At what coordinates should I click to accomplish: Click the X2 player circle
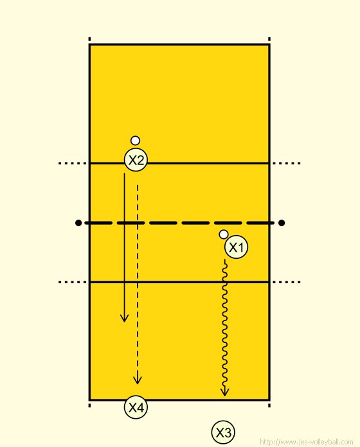point(136,160)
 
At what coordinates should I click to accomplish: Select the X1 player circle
point(236,247)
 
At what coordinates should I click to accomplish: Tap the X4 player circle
point(136,407)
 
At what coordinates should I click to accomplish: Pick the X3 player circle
point(223,432)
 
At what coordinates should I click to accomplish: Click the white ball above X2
point(135,141)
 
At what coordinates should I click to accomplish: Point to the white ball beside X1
point(224,234)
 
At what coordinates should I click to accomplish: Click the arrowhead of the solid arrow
point(124,318)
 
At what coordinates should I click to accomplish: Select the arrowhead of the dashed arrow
point(138,380)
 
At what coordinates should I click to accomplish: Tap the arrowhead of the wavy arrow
point(225,392)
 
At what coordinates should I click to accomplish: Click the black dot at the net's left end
point(78,223)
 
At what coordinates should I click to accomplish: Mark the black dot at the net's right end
point(282,223)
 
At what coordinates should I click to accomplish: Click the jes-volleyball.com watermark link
point(307,442)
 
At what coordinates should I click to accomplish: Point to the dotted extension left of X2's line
point(72,163)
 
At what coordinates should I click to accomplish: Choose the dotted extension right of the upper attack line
point(287,163)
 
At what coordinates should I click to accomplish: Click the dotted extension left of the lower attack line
point(72,282)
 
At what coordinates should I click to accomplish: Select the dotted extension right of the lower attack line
point(287,282)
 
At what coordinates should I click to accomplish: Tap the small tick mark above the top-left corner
point(89,39)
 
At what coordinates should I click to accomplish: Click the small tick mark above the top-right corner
point(269,39)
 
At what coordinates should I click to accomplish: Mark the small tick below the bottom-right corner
point(269,405)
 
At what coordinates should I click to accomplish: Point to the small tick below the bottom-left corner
point(89,405)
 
